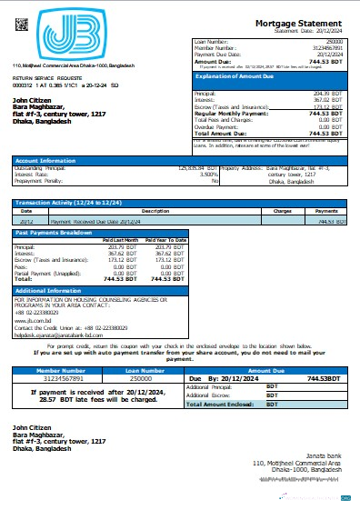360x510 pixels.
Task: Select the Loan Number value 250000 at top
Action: tap(335, 42)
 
